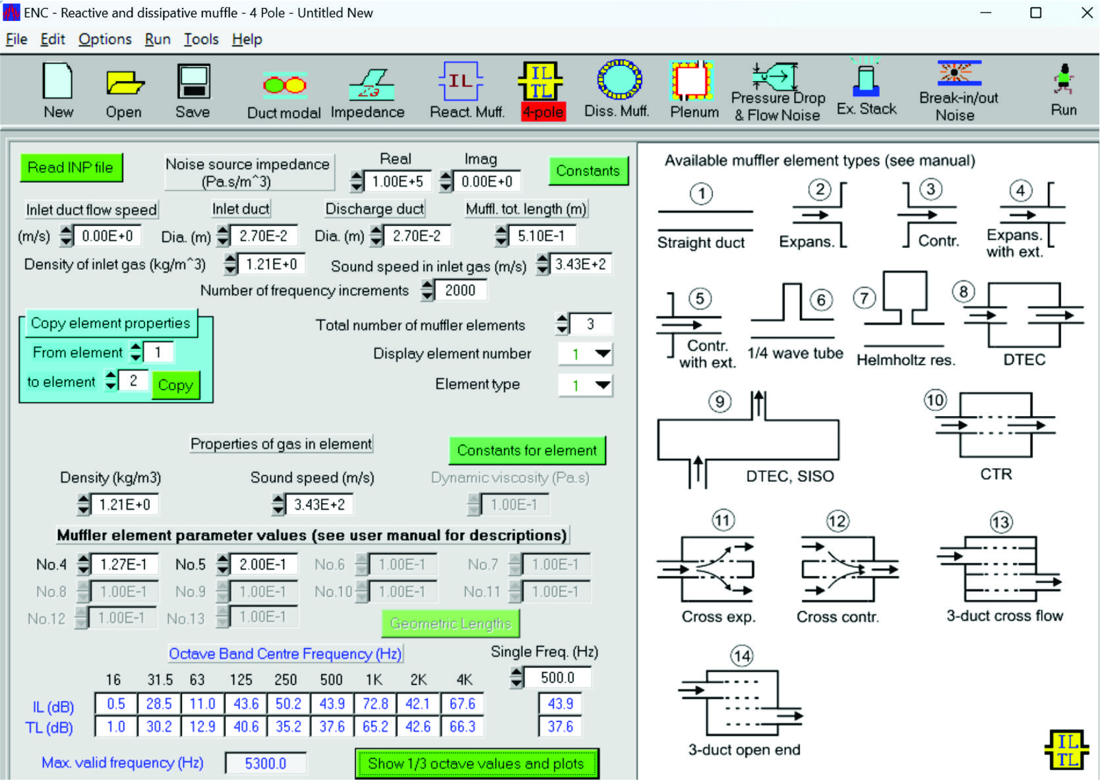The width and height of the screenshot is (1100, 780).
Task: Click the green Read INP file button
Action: [x=71, y=167]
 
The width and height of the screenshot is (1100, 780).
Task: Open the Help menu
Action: [x=247, y=40]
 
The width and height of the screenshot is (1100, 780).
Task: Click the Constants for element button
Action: [x=526, y=450]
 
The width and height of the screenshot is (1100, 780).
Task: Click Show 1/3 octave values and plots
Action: [x=476, y=764]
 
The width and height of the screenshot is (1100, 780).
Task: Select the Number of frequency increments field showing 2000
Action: [x=460, y=290]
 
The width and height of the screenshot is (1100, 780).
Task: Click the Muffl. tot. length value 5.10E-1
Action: [x=541, y=235]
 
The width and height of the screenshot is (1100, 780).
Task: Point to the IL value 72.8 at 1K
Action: [x=375, y=704]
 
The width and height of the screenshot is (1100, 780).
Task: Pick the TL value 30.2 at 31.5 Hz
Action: [x=159, y=727]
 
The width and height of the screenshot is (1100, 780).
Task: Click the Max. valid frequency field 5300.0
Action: [x=265, y=764]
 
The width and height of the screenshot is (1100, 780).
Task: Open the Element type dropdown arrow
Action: [x=602, y=384]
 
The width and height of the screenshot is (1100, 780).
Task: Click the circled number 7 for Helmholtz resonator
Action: [x=864, y=298]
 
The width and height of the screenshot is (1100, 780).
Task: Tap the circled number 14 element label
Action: [x=742, y=656]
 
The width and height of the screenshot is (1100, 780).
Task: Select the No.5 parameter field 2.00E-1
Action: [x=262, y=564]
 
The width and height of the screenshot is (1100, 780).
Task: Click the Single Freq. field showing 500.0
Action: [x=557, y=678]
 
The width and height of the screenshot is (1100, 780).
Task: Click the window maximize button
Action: [x=1036, y=13]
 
